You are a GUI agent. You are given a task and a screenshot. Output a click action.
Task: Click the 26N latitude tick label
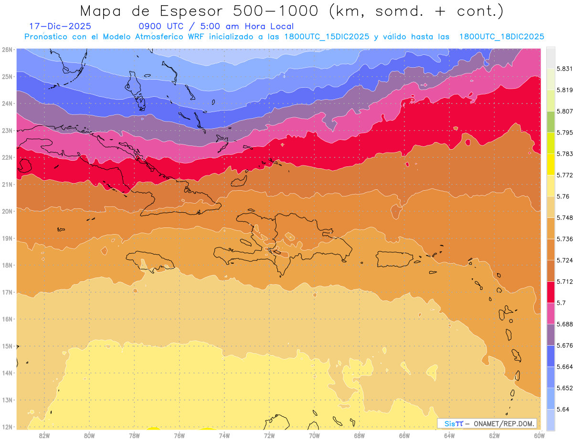[7, 49]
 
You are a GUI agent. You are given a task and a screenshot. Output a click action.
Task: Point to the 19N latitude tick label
[7, 238]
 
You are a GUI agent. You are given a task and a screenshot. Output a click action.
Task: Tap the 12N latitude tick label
[7, 427]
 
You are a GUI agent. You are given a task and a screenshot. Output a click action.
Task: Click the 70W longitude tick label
[314, 435]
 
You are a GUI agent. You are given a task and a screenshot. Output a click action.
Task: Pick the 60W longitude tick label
[539, 435]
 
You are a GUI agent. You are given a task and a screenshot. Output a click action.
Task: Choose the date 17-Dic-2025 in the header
[60, 26]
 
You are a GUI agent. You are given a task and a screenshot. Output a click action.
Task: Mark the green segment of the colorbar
[551, 123]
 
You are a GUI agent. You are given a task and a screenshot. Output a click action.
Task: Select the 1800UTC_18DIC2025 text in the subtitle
[501, 37]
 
